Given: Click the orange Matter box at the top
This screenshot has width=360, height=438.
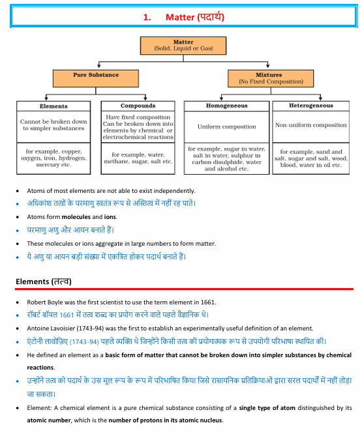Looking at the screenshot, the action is tap(183, 46).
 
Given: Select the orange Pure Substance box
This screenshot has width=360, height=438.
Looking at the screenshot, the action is tap(96, 78).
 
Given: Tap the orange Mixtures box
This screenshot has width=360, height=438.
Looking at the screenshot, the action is tap(271, 78).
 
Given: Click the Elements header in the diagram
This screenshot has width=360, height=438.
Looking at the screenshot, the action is tap(53, 106).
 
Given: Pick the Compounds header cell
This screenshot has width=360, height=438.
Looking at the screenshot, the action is tap(138, 106).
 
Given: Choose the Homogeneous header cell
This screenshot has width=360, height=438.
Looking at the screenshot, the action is tap(227, 106).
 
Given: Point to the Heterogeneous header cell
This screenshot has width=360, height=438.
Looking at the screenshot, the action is tap(311, 106).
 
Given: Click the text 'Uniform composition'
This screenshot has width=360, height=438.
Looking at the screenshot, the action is tap(227, 127).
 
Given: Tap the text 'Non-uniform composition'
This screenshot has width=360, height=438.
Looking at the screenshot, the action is tap(311, 125).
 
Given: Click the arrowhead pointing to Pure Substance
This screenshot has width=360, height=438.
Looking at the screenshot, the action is tap(99, 66).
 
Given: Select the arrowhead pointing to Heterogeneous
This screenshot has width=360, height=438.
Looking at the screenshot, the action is tap(320, 98).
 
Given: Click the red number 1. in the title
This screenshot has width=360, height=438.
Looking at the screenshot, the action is tap(147, 18).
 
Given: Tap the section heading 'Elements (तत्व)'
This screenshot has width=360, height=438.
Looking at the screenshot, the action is tap(44, 282).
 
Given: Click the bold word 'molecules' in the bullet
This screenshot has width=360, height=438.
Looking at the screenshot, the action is tap(76, 217).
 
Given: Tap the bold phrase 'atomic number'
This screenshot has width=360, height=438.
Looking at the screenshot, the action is tap(49, 420).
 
